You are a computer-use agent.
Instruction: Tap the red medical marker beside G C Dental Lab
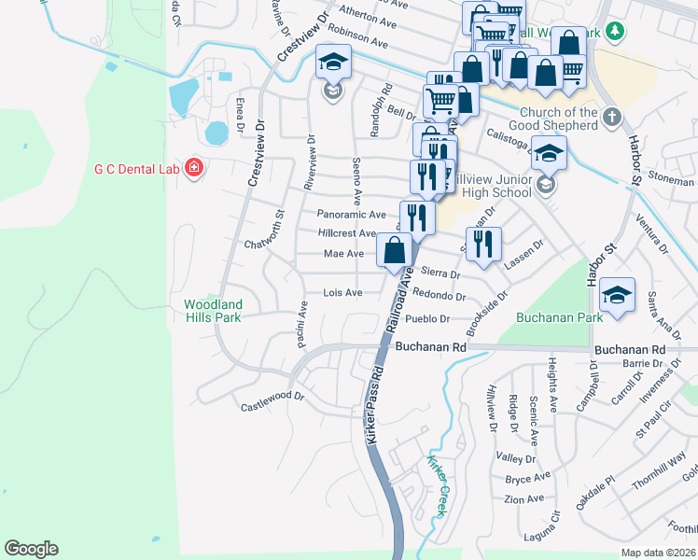pos(194,168)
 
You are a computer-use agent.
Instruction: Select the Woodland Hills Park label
pos(213,311)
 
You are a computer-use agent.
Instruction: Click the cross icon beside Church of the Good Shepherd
pos(612,118)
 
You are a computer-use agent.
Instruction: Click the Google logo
pos(31,549)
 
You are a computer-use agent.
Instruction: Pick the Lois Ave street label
pos(342,292)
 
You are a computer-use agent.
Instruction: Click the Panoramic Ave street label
pos(351,214)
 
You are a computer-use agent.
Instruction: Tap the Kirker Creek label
pos(436,485)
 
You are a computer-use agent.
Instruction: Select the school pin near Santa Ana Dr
pos(617,294)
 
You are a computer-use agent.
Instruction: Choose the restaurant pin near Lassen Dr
pos(483,244)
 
